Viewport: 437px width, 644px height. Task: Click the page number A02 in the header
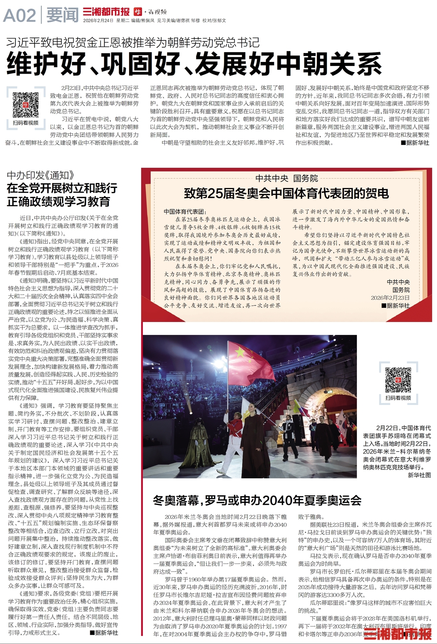pos(19,15)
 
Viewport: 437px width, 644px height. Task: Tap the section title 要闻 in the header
pos(62,15)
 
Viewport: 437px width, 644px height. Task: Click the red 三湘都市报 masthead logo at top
pos(106,12)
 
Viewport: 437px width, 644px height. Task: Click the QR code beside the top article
pos(25,104)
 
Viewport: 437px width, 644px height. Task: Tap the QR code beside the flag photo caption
pos(398,380)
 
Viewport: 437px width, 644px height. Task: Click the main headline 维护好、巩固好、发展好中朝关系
pos(194,64)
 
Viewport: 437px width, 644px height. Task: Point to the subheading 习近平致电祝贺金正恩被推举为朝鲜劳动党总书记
pos(133,42)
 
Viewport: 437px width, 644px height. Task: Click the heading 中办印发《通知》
pos(41,175)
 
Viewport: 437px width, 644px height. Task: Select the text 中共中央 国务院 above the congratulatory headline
pos(286,178)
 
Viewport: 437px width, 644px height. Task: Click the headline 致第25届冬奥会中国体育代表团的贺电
pos(286,193)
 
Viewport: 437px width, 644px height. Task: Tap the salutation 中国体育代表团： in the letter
pos(185,211)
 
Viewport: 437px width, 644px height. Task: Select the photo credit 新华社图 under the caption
pos(419,475)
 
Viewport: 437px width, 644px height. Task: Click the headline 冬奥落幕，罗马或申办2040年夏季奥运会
pos(257,500)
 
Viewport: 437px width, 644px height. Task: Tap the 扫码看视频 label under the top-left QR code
pos(25,123)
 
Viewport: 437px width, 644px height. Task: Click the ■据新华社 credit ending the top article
pos(415,143)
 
